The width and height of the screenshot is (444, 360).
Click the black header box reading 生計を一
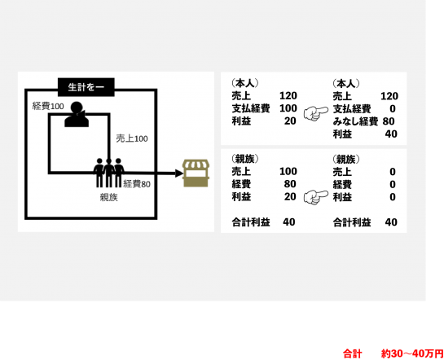(x=86, y=87)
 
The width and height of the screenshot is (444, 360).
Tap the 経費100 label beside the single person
(x=48, y=107)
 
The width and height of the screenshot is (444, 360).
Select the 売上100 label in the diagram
(x=132, y=138)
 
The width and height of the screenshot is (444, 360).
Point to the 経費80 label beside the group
(x=137, y=184)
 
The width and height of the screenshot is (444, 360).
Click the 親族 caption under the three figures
(x=108, y=197)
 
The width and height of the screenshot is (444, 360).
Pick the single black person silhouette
(x=77, y=114)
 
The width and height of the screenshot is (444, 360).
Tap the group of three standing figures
(x=108, y=173)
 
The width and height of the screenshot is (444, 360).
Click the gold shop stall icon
(x=196, y=173)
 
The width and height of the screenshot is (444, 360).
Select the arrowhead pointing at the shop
(x=179, y=173)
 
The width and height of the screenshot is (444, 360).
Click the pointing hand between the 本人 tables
(x=316, y=113)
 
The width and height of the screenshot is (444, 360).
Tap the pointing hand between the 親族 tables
(x=316, y=197)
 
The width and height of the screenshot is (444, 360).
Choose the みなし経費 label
(x=355, y=121)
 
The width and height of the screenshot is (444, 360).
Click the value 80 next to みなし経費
(x=389, y=121)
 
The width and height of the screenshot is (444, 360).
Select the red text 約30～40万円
(x=412, y=353)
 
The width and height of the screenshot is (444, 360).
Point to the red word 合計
(x=353, y=353)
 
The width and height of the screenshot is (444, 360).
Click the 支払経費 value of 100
(x=288, y=108)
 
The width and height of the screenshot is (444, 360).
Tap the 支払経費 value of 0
(x=393, y=108)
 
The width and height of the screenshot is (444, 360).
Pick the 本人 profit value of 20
(x=290, y=121)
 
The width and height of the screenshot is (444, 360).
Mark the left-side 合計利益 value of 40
(x=289, y=222)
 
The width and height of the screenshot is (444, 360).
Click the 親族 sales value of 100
(x=288, y=171)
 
